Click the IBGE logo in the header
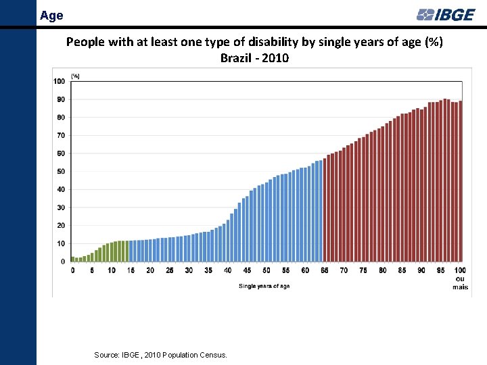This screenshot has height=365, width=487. (x=446, y=14)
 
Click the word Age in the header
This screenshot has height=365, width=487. (x=51, y=14)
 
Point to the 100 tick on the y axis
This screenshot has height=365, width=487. (x=59, y=81)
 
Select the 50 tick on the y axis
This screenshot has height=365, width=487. (x=61, y=172)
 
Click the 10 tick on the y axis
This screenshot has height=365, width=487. (x=61, y=243)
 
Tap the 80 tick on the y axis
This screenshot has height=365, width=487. (x=61, y=118)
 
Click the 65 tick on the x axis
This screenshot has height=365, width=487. (x=324, y=270)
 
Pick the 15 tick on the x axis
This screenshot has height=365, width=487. (x=131, y=270)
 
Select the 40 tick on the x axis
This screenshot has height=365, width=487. (x=227, y=270)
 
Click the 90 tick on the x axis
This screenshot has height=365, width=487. (x=421, y=270)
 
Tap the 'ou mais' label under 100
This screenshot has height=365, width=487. (x=460, y=283)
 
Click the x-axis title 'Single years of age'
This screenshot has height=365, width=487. (x=264, y=286)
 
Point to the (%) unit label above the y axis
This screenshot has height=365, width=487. (x=75, y=76)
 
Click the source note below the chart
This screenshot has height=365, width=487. (x=161, y=355)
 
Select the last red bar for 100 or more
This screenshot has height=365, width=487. (x=461, y=181)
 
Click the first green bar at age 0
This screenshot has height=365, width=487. (x=72, y=259)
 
